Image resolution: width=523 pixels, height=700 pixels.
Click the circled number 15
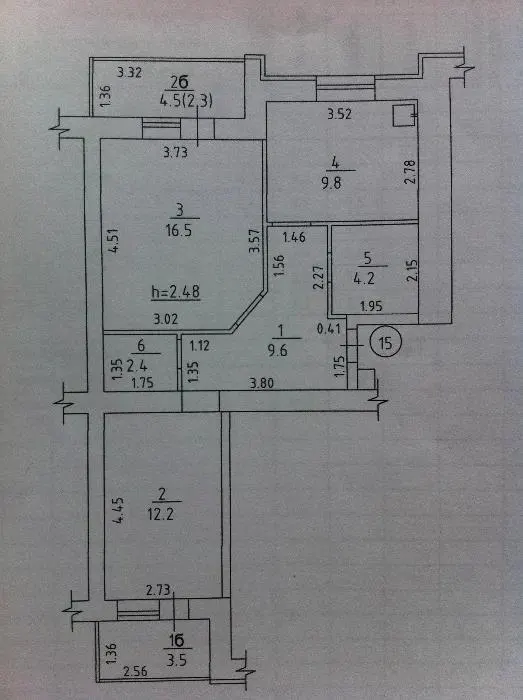[x=386, y=342]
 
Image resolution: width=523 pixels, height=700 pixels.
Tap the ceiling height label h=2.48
[x=175, y=292]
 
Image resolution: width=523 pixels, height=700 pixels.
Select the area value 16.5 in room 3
[x=178, y=230]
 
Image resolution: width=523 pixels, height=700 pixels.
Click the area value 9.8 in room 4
[x=331, y=183]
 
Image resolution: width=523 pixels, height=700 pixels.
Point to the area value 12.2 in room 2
[x=160, y=514]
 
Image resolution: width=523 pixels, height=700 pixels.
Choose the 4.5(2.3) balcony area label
[x=186, y=100]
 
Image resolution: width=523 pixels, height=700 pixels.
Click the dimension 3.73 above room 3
[x=175, y=153]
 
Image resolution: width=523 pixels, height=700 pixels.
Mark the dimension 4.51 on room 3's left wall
[x=114, y=241]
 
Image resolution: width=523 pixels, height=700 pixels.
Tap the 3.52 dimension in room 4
[x=340, y=114]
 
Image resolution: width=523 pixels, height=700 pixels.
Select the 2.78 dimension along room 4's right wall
[x=410, y=172]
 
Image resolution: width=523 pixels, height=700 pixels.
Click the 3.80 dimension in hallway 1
[x=262, y=383]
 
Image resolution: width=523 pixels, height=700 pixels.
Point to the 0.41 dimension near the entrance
[x=328, y=329]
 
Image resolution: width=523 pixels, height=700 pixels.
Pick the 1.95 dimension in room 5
[x=371, y=306]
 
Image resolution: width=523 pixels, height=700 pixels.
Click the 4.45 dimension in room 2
[x=118, y=511]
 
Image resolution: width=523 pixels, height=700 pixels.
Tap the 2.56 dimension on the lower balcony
[x=135, y=671]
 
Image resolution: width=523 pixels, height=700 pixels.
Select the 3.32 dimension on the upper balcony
[x=129, y=72]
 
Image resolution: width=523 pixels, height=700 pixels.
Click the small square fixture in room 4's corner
[x=404, y=115]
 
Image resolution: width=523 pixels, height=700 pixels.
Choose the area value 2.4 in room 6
[x=137, y=366]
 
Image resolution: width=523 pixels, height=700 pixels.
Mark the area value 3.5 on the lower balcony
[x=176, y=660]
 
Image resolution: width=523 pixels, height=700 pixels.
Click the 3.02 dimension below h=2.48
[x=166, y=319]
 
